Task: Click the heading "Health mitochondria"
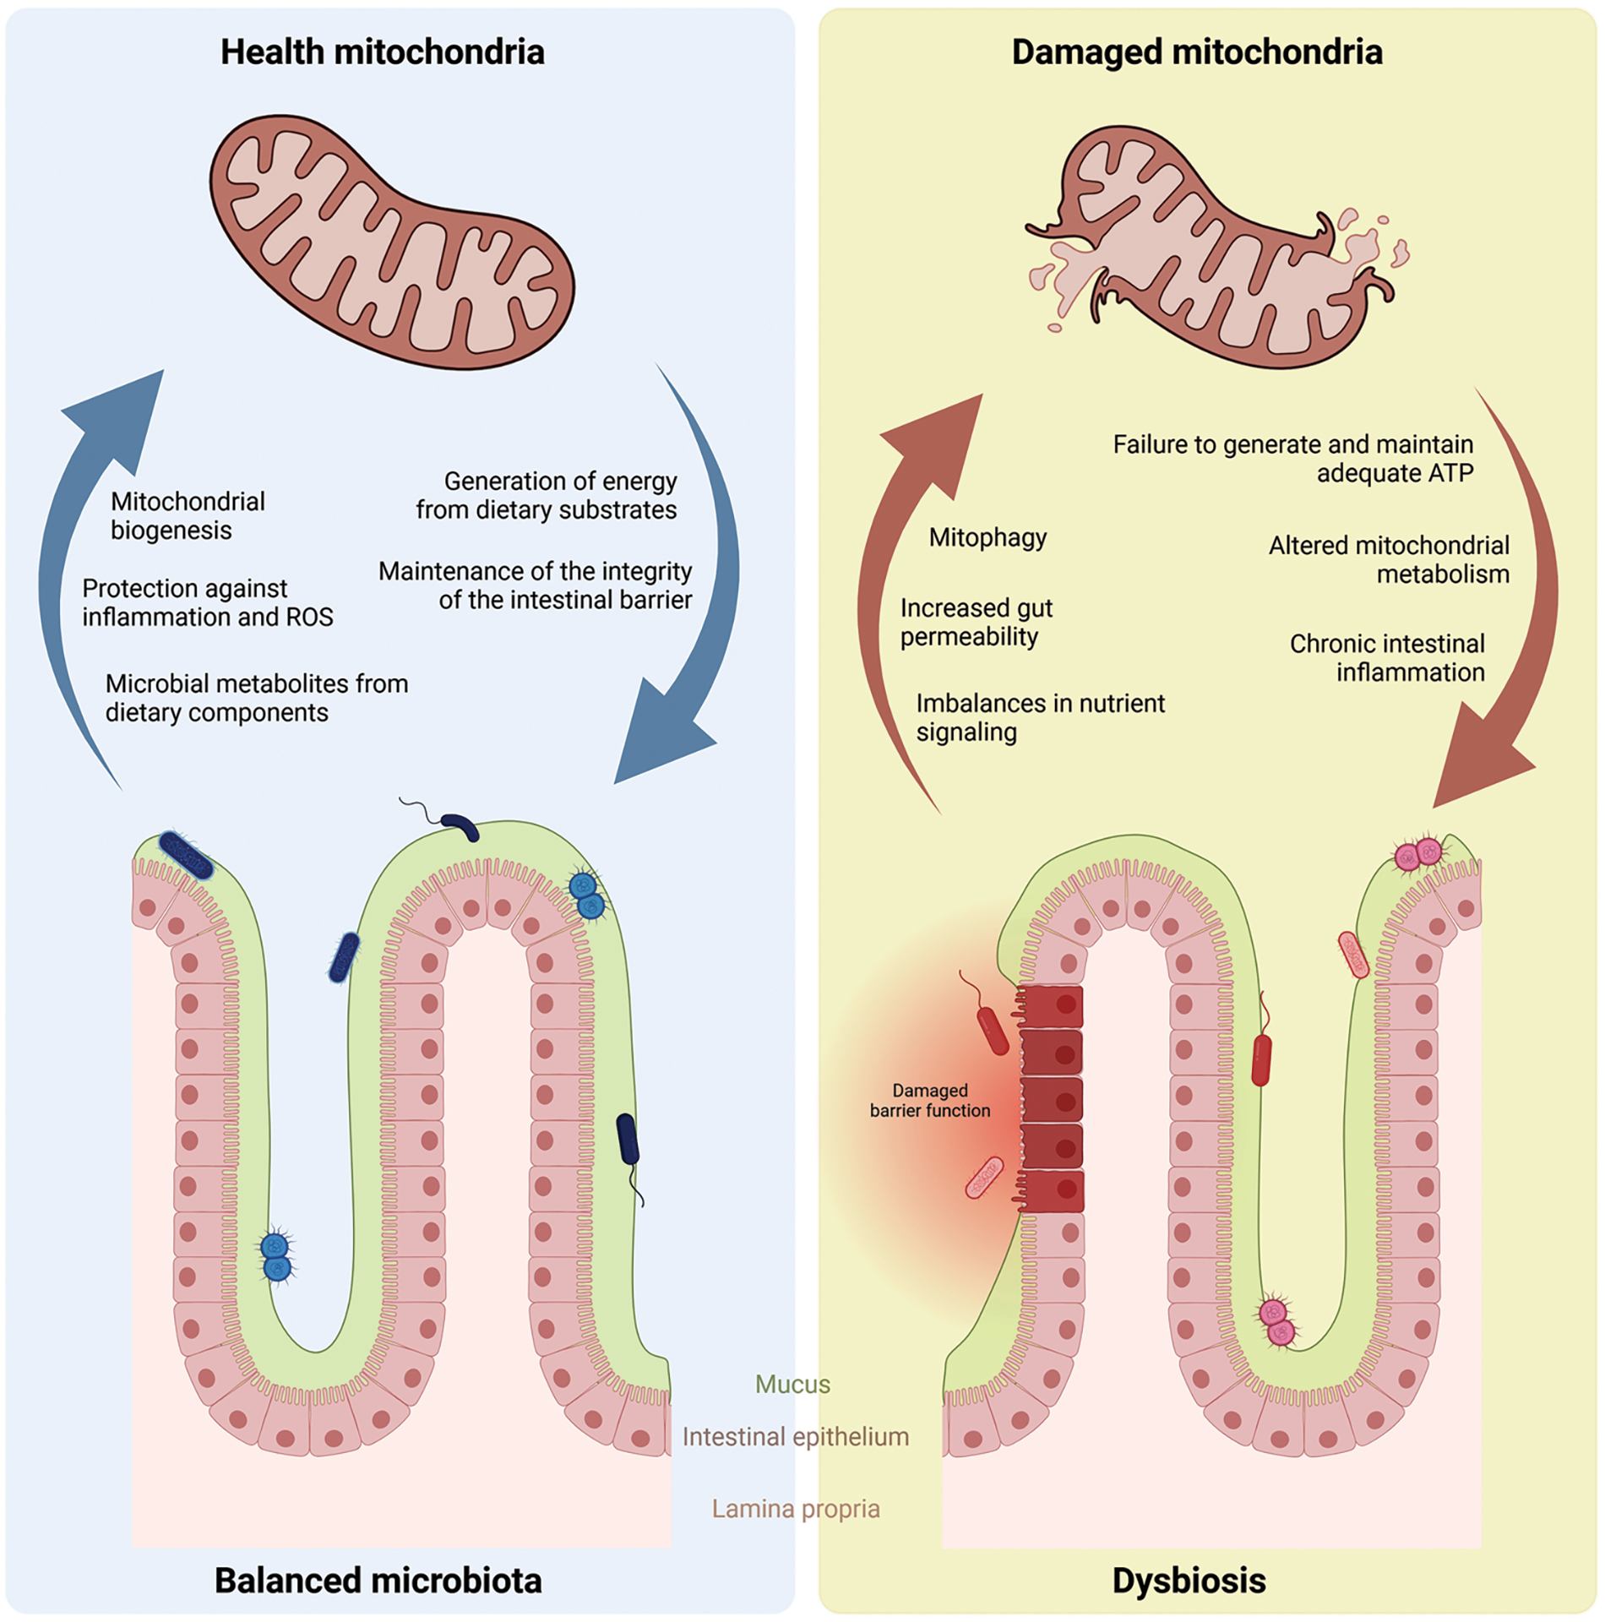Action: [383, 52]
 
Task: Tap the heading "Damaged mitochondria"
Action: [1197, 52]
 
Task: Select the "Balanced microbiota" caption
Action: [378, 1581]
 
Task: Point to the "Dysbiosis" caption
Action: [1189, 1581]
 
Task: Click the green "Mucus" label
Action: [792, 1385]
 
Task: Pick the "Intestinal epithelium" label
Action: [796, 1437]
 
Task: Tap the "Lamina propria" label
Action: [796, 1509]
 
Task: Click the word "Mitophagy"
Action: [987, 538]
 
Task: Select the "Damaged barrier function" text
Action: [930, 1101]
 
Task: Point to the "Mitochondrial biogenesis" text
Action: [188, 516]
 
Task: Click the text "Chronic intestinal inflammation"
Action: [1387, 658]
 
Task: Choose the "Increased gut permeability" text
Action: [977, 623]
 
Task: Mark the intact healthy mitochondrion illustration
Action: [392, 242]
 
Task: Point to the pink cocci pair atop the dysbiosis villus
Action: [1418, 854]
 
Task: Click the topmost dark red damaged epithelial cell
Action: [1051, 1005]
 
